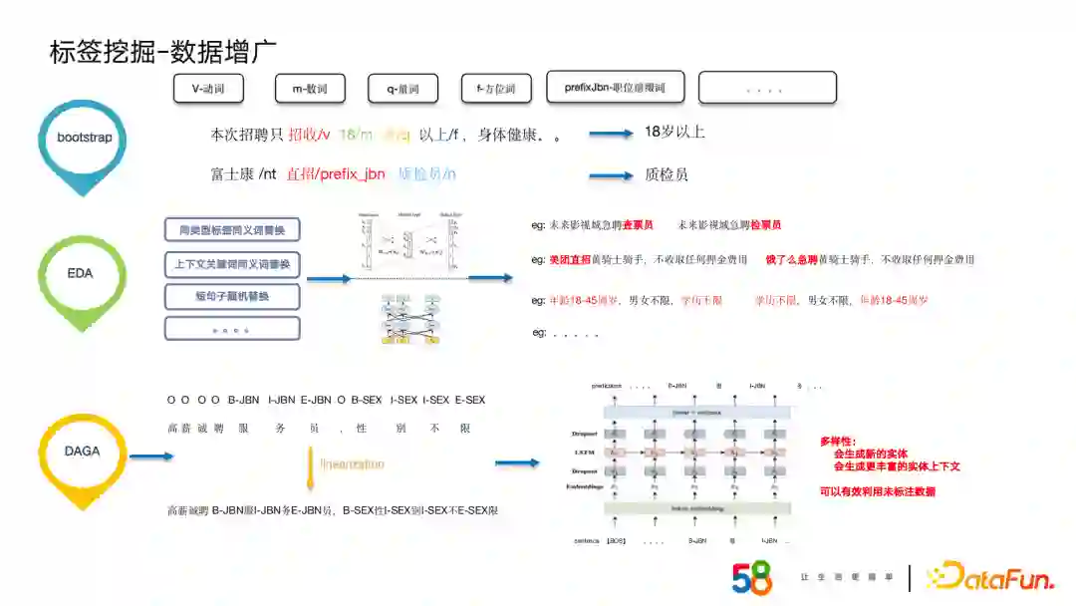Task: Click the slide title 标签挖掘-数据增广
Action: tap(162, 51)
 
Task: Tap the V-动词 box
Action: tap(208, 89)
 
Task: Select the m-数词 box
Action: tap(310, 89)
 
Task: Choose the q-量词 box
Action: tap(403, 89)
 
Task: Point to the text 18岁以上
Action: tap(674, 132)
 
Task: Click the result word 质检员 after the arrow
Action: tap(667, 174)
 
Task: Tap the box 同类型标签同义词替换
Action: tap(232, 230)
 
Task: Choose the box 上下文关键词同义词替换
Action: tap(232, 264)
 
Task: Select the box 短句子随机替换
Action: tap(232, 296)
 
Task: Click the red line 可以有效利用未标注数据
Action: tap(878, 491)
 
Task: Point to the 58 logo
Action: tap(752, 577)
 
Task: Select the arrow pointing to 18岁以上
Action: tap(611, 134)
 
